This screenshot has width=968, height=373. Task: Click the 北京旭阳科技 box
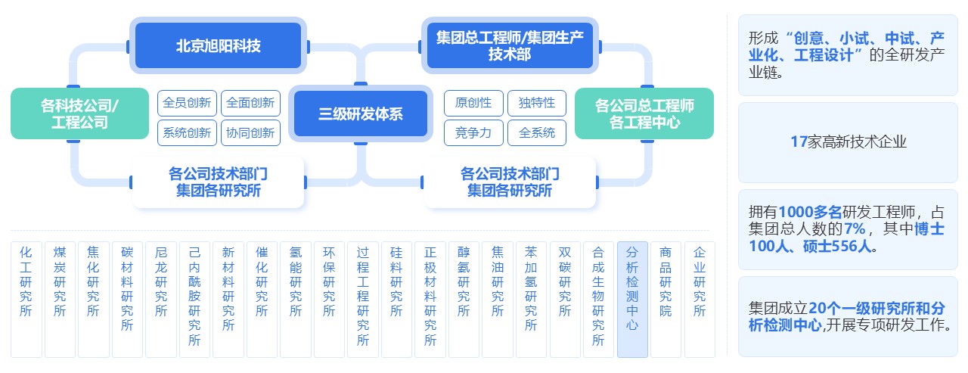pos(218,45)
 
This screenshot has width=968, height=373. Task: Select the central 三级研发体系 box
pos(360,114)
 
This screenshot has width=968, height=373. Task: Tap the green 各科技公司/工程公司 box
pos(79,113)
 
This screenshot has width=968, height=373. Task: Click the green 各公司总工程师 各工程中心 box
pos(644,113)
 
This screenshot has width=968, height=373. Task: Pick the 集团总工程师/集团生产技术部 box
pos(510,45)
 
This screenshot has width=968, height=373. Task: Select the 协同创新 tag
pos(250,133)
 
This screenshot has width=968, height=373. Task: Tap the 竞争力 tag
pos(473,133)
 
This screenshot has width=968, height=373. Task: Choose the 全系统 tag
pos(537,133)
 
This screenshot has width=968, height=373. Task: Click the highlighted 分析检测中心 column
pos(632,299)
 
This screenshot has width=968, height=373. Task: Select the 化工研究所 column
pos(26,299)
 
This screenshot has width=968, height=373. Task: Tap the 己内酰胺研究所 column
pos(194,299)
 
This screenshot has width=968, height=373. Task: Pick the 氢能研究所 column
pos(295,299)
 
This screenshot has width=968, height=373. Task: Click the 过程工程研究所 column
pos(362,299)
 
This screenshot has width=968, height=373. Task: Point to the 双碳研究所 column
pos(565,299)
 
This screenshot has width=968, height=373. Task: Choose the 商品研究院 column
pos(665,299)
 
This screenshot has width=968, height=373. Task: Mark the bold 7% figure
pos(856,228)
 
